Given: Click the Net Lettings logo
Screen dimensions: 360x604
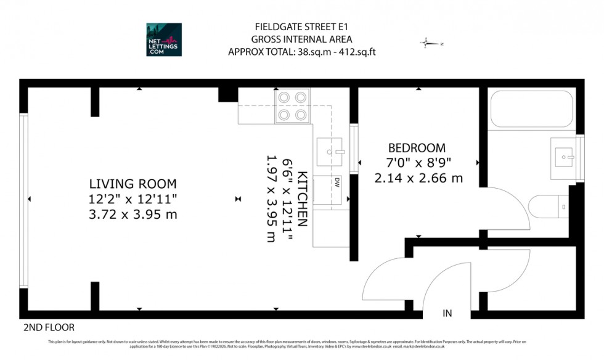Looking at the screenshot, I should (164, 39).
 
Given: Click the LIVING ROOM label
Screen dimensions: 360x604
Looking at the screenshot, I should (133, 184).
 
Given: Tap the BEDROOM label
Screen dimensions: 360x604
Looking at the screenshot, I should (417, 149).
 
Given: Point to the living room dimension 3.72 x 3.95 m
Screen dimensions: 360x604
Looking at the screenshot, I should (133, 214).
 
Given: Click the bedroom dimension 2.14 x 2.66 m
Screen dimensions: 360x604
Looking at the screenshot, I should (418, 178).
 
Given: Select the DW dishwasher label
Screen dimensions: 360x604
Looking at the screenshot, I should (337, 182).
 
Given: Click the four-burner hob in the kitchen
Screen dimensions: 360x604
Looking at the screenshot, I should (292, 106).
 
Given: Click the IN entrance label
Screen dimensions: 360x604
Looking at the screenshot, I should (447, 314).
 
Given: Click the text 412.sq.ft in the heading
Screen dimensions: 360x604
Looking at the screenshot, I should (353, 52).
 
